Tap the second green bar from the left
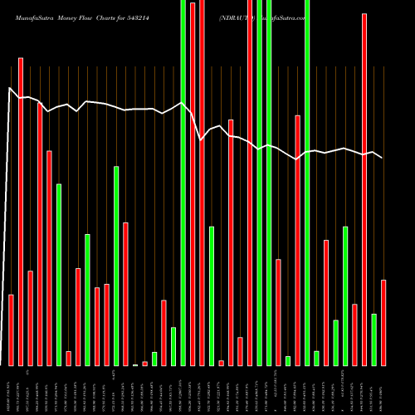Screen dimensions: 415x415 87,300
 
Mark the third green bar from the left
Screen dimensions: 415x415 116,266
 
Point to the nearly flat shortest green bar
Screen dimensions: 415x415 135,364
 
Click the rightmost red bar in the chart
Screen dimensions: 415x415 383,323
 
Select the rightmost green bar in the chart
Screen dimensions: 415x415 373,339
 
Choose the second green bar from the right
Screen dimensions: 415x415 345,295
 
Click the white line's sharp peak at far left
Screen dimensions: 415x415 9,88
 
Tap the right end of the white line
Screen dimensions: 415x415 382,158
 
